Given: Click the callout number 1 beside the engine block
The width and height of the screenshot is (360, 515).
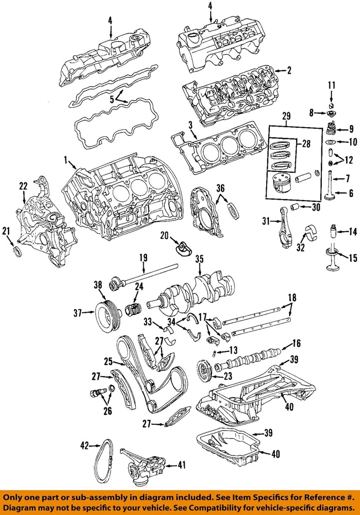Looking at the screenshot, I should point(65,159).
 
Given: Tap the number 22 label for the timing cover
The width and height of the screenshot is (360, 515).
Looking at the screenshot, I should point(23,186).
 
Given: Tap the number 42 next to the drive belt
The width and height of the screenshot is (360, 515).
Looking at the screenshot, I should point(84,445).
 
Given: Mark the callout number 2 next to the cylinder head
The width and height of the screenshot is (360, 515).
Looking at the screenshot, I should point(289,70).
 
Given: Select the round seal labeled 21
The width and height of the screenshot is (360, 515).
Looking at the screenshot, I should point(17,253).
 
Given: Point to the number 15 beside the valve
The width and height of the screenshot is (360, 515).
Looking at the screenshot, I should point(352,259).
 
